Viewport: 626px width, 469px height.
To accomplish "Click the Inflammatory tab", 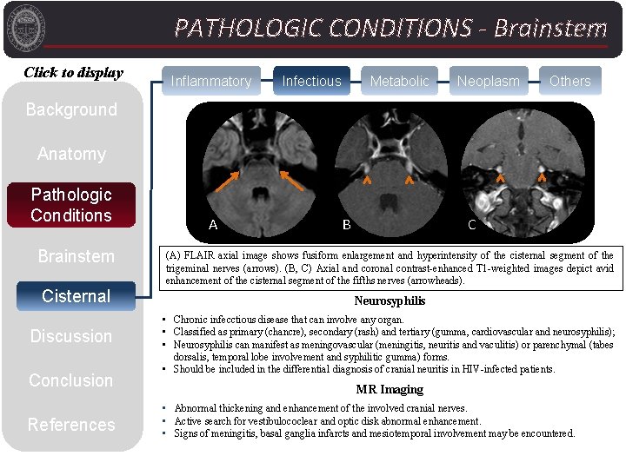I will [211, 81].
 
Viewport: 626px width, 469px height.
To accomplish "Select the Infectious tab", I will [311, 81].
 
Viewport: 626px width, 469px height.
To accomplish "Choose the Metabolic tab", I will [399, 81].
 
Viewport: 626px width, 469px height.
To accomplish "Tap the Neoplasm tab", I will [489, 81].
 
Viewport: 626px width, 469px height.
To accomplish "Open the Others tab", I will [569, 81].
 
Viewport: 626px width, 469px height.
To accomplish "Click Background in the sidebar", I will [71, 109].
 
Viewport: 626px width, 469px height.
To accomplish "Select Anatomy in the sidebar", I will [71, 154].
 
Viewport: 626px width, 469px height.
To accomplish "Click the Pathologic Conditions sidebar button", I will [71, 205].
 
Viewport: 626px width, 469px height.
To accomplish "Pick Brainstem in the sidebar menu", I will [76, 256].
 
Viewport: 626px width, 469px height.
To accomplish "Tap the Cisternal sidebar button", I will [76, 296].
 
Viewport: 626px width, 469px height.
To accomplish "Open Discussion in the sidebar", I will [71, 336].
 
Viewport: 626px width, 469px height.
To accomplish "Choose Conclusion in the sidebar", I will [71, 380].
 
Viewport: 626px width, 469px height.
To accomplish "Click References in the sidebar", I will [71, 425].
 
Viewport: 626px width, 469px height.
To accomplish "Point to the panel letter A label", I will [213, 225].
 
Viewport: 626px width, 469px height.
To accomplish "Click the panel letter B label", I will [346, 225].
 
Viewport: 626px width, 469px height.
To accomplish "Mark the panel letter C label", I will [472, 225].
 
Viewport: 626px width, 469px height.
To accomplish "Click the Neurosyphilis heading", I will [390, 301].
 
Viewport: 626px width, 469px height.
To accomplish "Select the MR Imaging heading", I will [390, 389].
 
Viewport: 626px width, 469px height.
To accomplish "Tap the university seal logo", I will [23, 25].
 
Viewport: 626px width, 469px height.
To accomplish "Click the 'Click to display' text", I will [73, 73].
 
